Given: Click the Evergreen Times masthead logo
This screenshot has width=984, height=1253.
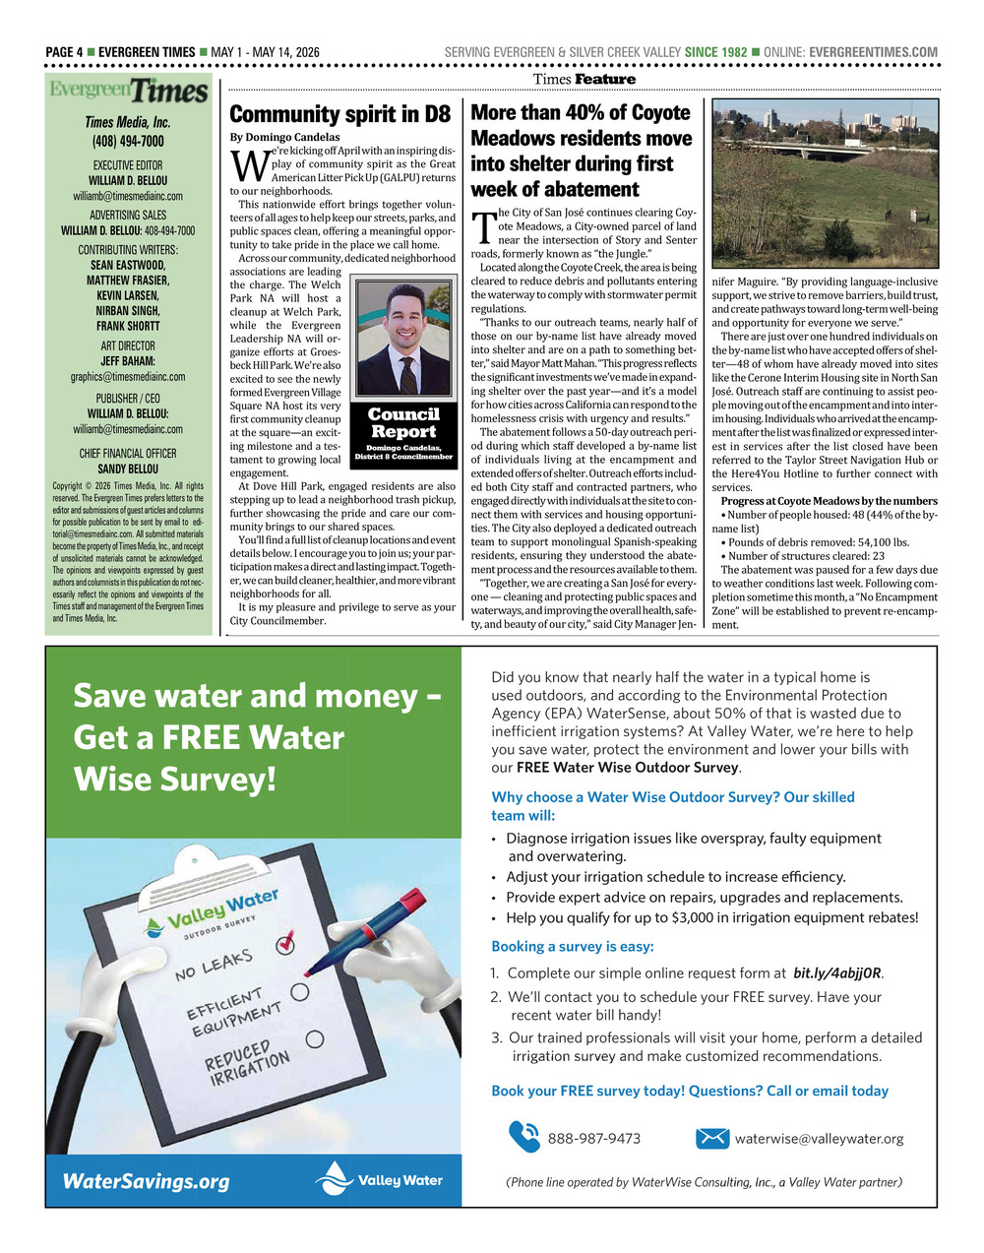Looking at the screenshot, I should tap(129, 92).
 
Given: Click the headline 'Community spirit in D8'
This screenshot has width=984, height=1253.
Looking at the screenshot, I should tap(339, 113).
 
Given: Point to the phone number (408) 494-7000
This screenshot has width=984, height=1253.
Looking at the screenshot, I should tap(128, 142).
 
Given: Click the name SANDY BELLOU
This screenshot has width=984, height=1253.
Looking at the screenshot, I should tap(128, 470).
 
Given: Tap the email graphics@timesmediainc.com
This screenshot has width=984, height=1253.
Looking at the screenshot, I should tap(128, 377).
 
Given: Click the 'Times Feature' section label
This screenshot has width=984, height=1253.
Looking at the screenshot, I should tap(584, 79).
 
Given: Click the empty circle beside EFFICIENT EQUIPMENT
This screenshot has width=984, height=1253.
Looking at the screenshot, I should tap(300, 992).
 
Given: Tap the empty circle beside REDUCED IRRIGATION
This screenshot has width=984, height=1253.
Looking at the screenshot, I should tap(315, 1038).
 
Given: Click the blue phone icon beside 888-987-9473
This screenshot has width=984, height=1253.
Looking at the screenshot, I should tap(523, 1137).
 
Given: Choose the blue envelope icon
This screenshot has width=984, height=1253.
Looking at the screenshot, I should tap(711, 1138).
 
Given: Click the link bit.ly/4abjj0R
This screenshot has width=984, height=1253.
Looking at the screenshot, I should tap(837, 973).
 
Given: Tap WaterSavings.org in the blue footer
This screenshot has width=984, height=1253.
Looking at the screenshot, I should tap(146, 1181).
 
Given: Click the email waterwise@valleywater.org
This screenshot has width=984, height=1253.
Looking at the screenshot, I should tap(819, 1139).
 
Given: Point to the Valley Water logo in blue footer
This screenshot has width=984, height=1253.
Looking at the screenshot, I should tap(379, 1179).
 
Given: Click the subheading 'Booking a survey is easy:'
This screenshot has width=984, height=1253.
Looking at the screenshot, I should tap(572, 946).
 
